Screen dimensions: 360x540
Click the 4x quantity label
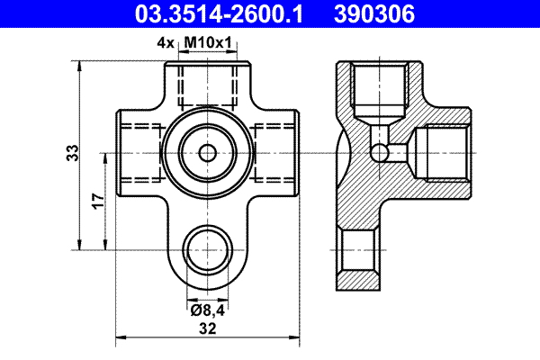click(164, 41)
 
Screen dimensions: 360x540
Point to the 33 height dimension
click(73, 153)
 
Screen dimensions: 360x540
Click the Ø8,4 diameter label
click(207, 310)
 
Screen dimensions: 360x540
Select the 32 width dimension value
click(208, 329)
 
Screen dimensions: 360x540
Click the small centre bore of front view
click(208, 152)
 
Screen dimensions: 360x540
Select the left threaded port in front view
click(139, 152)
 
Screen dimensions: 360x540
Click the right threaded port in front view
click(274, 152)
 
